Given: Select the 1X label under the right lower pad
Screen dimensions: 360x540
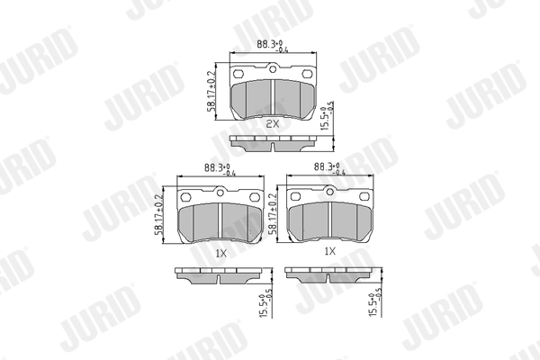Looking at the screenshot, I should pyautogui.click(x=329, y=251).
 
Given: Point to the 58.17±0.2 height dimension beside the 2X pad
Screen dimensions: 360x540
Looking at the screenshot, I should pyautogui.click(x=211, y=93).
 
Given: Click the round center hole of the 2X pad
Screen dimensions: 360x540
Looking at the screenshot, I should pyautogui.click(x=273, y=71).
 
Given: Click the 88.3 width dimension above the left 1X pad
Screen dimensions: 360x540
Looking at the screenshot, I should pyautogui.click(x=217, y=168).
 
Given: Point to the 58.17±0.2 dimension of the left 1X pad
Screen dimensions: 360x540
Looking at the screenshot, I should pyautogui.click(x=159, y=217).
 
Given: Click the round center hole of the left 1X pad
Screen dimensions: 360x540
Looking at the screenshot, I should pyautogui.click(x=220, y=191).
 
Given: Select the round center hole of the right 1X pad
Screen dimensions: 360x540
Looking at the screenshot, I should pyautogui.click(x=329, y=191).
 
